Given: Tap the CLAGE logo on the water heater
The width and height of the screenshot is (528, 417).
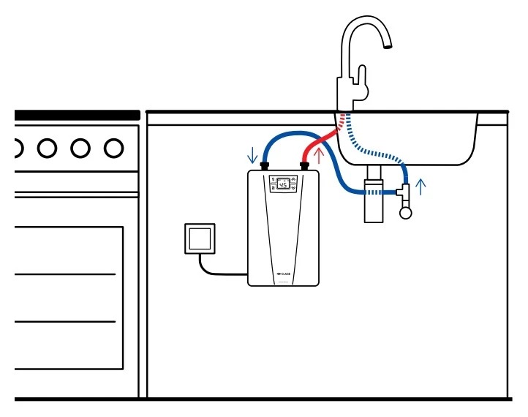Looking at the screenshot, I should tap(284, 275).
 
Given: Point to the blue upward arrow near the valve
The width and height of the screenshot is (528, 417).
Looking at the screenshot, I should tap(420, 187).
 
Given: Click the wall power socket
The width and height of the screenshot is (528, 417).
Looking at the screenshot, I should tap(199, 238).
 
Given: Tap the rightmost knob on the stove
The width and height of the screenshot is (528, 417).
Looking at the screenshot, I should tap(113, 149).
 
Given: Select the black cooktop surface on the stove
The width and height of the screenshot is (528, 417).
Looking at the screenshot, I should tap(77, 115).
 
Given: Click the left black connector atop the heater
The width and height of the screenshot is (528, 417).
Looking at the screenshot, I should tap(265, 167).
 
